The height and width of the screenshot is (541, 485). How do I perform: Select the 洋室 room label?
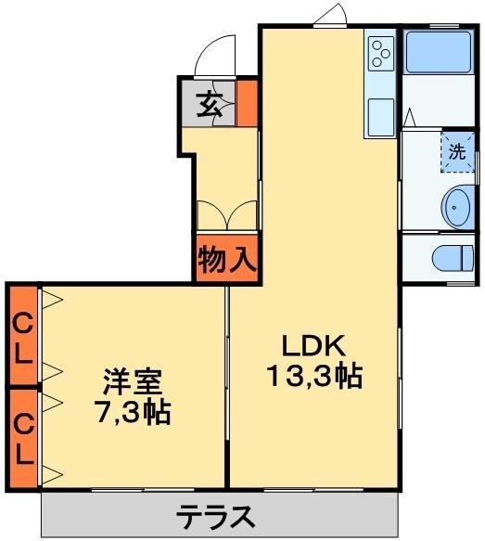coord(134,380)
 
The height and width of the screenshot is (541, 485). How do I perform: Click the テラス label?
coord(215,515)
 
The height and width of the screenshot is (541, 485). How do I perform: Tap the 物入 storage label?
coord(225,261)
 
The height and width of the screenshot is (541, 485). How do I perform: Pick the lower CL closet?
coord(23,436)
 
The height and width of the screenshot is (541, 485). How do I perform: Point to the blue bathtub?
coord(435,53)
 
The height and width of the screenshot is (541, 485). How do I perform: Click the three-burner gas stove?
coord(380,54)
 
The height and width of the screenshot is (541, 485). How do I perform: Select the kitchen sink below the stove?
coord(379,117)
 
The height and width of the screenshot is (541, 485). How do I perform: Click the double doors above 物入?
coord(227,213)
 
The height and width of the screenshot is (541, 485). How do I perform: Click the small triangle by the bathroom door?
coord(409,117)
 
